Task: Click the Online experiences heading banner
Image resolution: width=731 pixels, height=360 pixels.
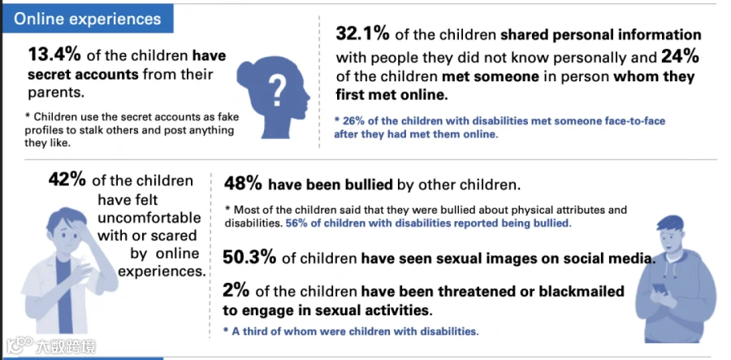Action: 88,19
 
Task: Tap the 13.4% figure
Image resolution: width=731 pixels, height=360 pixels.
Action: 54,55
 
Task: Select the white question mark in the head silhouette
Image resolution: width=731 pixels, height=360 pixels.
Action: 277,90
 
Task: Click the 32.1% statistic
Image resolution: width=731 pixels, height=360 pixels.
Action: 363,33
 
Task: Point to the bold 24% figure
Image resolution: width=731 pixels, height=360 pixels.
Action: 680,57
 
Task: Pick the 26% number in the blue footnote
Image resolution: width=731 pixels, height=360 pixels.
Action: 352,121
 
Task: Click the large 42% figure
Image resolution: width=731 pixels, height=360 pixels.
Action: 67,180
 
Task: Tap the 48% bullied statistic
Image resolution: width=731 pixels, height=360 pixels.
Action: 243,184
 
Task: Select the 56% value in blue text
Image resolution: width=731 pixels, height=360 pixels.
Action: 295,223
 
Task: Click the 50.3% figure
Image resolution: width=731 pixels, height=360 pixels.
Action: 249,258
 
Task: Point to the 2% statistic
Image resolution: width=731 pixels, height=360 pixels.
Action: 236,291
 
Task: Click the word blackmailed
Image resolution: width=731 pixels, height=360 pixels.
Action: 582,292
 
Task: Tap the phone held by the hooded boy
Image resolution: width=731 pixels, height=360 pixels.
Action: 659,289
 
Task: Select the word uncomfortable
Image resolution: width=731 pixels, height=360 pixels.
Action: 149,218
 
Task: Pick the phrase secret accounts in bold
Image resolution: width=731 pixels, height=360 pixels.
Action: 83,74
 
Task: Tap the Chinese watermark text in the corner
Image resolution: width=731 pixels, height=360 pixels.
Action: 66,346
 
